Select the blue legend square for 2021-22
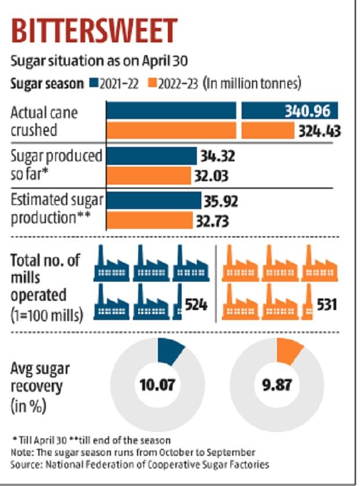[x=94, y=84]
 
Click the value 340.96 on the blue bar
[x=308, y=110]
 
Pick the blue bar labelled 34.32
[x=152, y=156]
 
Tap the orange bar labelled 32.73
[x=150, y=221]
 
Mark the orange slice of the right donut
[x=289, y=351]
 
